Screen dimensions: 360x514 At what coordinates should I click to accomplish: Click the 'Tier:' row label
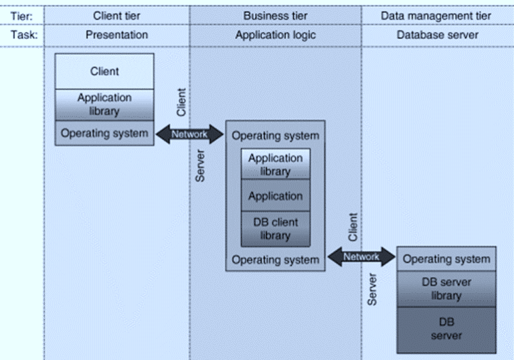pos(23,15)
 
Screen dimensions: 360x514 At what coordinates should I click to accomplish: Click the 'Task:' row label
pos(23,35)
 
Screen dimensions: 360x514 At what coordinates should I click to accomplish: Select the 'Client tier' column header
pos(116,15)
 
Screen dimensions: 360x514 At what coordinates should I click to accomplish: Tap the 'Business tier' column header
pos(275,15)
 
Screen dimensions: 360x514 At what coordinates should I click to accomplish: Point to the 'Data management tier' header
pos(436,15)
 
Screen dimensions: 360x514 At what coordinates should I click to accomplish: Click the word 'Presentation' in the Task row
pos(116,35)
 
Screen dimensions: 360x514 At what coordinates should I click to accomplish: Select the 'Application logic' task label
pos(275,35)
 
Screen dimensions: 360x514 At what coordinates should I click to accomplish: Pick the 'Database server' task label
pos(437,35)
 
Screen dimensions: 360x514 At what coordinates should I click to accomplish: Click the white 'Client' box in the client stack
pos(104,71)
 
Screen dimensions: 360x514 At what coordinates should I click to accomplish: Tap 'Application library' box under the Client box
pos(104,104)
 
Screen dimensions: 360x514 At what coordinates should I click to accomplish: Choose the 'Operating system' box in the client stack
pos(104,133)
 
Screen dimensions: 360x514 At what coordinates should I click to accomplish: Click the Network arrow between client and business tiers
pos(189,134)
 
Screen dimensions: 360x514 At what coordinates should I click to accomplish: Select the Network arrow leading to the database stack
pos(361,256)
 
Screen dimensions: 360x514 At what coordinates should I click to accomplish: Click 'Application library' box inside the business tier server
pos(275,165)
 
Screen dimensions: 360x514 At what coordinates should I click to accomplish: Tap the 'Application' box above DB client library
pos(275,196)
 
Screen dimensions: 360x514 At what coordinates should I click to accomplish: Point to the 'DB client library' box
pos(275,229)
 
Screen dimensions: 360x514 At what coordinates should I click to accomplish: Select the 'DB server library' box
pos(446,288)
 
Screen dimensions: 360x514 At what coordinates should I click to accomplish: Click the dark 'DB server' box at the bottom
pos(446,329)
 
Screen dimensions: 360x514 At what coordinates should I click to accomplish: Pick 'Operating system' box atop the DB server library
pos(446,259)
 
